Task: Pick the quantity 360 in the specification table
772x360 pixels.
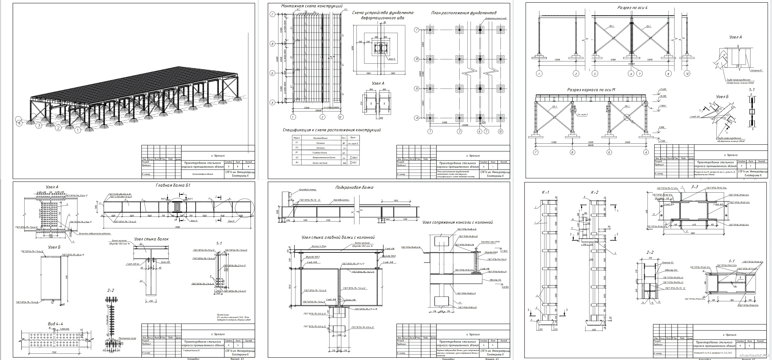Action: click(344, 163)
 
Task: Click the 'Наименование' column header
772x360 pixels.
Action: click(320, 138)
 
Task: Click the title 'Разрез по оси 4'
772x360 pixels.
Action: click(632, 8)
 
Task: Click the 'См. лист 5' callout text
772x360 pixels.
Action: click(582, 115)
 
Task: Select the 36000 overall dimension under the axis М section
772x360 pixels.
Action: click(590, 145)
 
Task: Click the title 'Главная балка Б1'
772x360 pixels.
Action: click(173, 185)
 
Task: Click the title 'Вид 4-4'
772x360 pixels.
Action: click(55, 324)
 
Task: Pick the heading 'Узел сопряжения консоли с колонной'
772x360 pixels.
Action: click(457, 222)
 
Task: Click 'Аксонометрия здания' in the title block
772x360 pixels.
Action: click(203, 174)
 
